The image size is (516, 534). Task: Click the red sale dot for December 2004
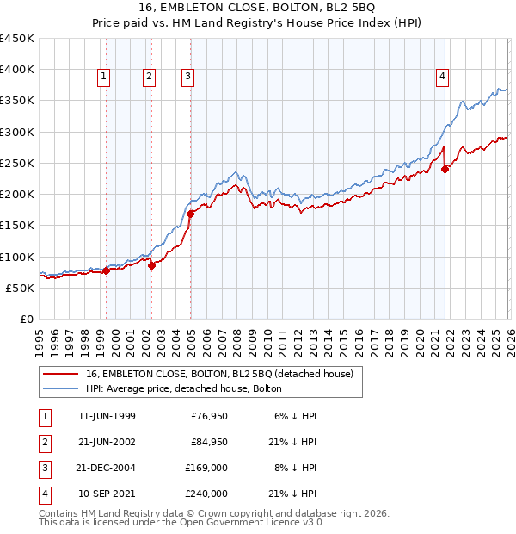tap(191, 214)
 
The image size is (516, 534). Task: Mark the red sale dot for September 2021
tap(445, 170)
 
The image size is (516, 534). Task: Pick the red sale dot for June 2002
tap(151, 265)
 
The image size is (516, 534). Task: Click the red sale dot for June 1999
tap(106, 270)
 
